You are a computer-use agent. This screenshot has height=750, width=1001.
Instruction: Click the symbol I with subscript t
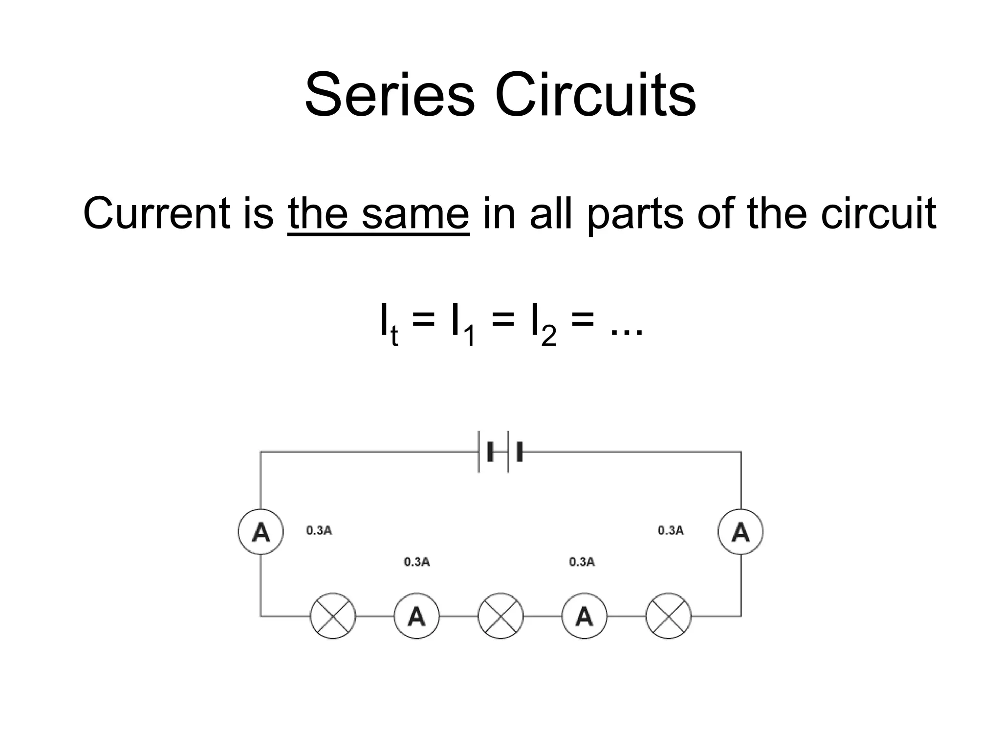click(388, 323)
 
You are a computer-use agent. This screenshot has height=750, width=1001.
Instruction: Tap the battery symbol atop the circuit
click(500, 452)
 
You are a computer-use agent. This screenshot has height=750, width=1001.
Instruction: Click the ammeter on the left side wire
click(261, 531)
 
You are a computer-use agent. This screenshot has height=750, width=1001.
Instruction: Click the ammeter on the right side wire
click(740, 531)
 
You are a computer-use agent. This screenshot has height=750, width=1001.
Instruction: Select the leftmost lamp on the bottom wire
click(333, 616)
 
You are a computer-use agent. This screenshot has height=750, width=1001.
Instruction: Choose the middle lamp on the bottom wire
click(500, 616)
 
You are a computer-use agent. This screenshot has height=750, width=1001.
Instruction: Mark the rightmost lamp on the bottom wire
click(668, 616)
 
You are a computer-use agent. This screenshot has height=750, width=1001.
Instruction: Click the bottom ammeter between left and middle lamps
click(416, 616)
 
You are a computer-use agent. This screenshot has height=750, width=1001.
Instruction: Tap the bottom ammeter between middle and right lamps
click(584, 616)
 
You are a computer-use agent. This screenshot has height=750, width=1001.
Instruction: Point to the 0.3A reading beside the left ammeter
click(319, 530)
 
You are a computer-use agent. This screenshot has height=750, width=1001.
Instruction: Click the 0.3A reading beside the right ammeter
click(671, 530)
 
